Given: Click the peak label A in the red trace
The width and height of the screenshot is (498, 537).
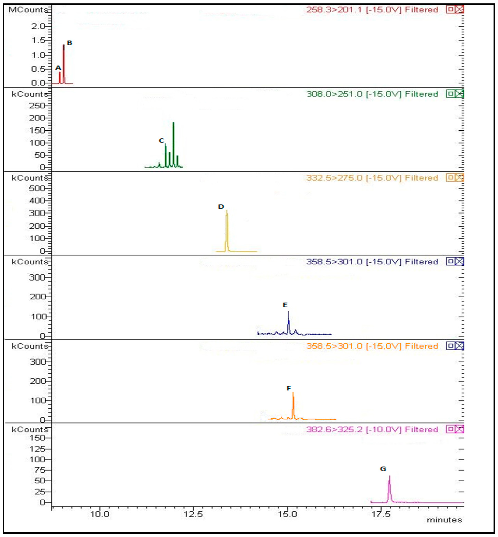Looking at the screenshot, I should (58, 68).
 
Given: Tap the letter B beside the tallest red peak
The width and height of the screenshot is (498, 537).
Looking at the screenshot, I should (69, 43).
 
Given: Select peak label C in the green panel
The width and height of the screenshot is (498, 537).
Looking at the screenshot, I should (161, 141).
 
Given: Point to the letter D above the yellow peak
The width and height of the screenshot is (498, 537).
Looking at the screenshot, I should (221, 207).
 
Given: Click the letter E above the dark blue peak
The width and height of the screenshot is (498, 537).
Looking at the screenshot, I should (285, 305).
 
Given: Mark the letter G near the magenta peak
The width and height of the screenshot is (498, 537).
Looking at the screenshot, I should (383, 469).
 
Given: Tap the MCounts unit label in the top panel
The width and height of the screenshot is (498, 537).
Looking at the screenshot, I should (28, 10).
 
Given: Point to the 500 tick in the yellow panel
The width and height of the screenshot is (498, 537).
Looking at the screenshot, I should (37, 188).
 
